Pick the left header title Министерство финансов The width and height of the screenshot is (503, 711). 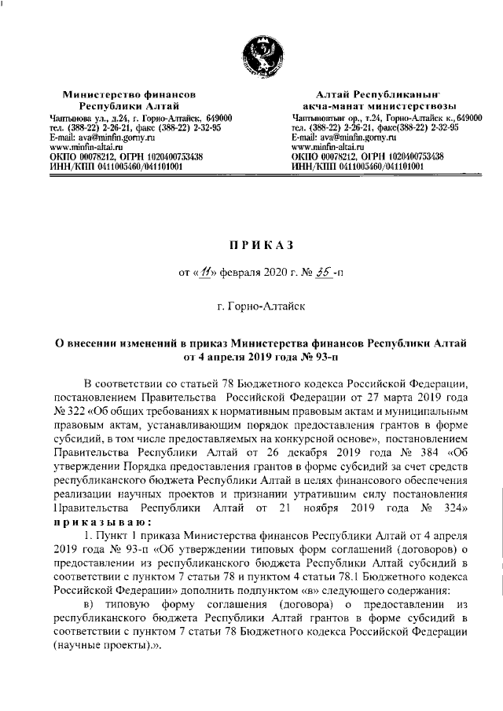129,93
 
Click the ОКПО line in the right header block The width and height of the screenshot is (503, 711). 366,156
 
